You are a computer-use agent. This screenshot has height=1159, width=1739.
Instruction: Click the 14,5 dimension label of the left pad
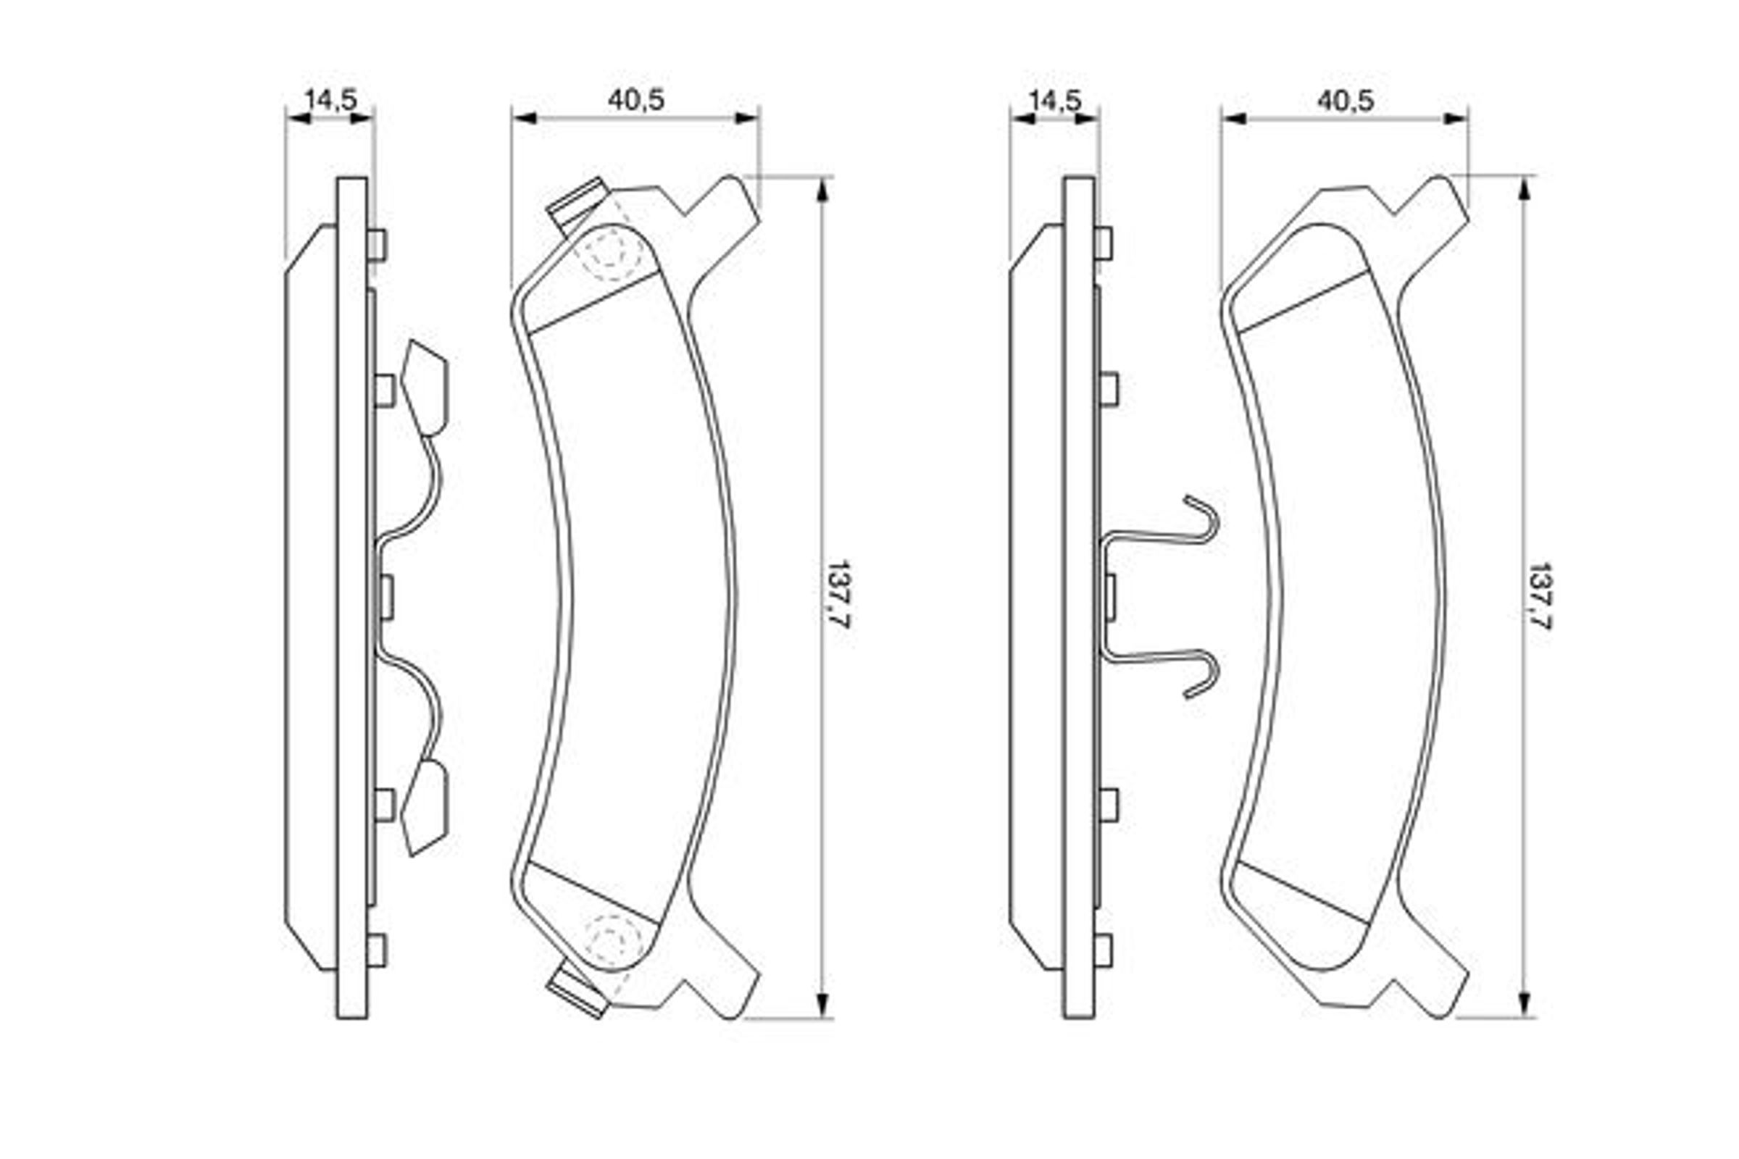click(x=330, y=99)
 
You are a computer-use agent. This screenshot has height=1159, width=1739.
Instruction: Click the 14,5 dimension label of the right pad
click(x=1055, y=100)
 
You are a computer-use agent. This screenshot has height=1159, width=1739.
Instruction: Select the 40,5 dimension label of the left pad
click(x=636, y=100)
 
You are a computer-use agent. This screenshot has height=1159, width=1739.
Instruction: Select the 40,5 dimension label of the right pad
click(x=1345, y=101)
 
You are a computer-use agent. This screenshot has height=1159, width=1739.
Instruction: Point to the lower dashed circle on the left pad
click(x=613, y=940)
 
